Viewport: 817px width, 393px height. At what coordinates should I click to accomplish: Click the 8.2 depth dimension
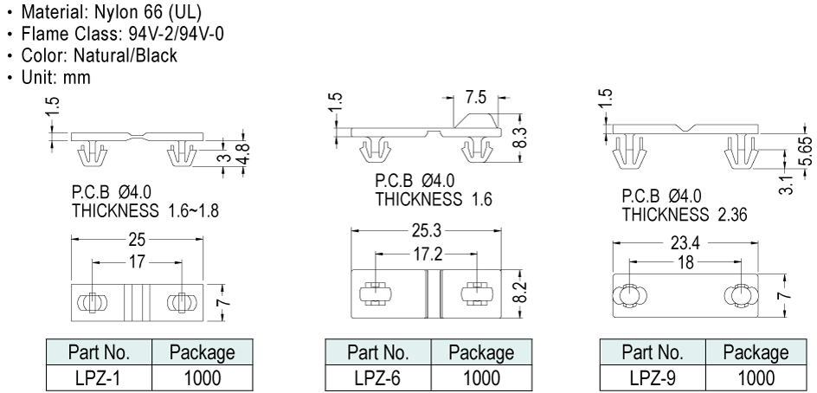pyautogui.click(x=518, y=291)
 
